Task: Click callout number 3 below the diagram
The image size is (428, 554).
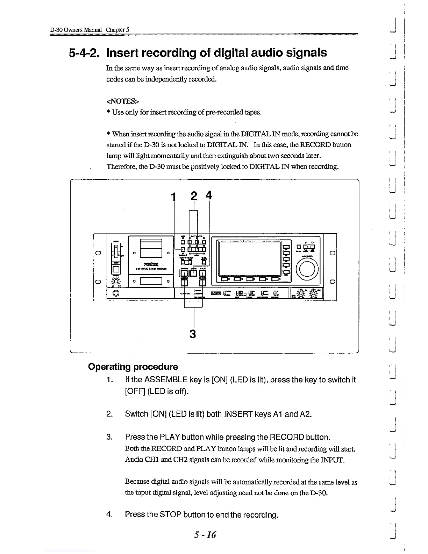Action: (192, 334)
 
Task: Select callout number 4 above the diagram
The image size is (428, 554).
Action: (209, 195)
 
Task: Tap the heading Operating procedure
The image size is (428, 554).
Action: (133, 367)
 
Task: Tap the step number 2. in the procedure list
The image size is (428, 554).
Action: (110, 414)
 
